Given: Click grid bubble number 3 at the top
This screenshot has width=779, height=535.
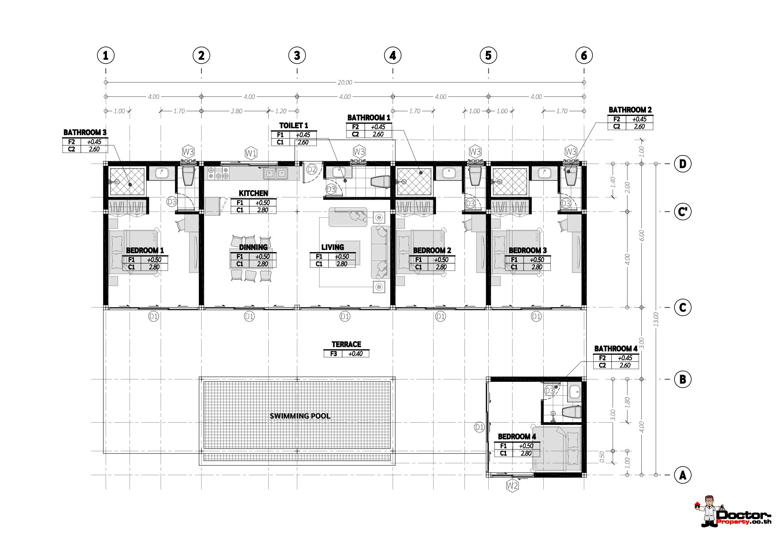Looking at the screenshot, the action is pos(297,56).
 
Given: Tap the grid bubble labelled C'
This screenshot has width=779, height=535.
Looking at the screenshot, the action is pos(683,212).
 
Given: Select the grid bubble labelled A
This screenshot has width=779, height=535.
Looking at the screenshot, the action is pos(683,475).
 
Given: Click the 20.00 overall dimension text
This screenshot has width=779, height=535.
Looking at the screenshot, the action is pos(345,82).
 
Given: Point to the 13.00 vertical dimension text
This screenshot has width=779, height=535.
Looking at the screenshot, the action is pos(656,319).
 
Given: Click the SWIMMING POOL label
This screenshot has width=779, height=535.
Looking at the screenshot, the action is pos(300,416).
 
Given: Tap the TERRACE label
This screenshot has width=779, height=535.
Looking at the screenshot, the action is pos(346,344).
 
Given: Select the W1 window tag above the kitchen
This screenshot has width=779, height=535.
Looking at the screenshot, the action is pos(251,154).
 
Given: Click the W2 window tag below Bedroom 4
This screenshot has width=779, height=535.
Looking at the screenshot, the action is pos(512,486).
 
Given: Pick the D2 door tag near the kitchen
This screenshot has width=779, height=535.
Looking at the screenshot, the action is pos(312,169).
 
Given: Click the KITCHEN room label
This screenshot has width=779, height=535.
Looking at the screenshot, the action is pos(253,193).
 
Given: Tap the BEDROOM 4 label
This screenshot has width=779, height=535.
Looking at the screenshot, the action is pos(517,436).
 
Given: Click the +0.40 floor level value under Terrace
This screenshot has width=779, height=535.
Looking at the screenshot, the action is pos(355,354).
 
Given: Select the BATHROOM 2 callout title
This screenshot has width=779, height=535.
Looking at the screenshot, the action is pos(630,110).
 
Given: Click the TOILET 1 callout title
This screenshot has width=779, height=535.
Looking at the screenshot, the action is pos(294,126).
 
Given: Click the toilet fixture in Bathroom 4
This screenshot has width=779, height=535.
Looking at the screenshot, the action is pos(571,412).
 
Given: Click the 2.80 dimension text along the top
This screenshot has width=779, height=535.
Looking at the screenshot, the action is pos(236,111).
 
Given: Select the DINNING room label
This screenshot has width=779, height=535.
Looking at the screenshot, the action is pos(253,247).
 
